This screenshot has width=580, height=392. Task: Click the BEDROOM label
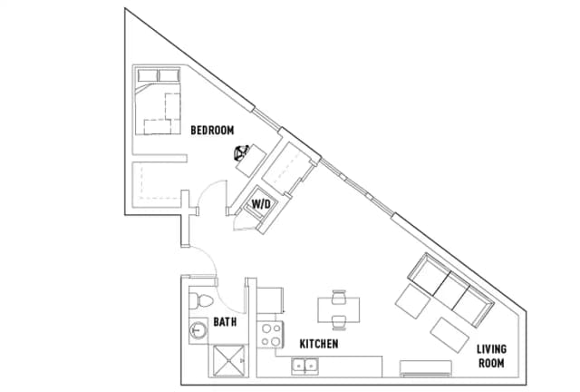tap(213, 130)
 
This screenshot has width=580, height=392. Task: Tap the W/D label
tap(261, 204)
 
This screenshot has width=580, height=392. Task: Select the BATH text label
tap(226, 321)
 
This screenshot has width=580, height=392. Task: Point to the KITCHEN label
tap(319, 344)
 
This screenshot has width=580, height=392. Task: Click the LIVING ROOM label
tap(492, 355)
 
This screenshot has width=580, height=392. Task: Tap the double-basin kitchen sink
tap(304, 367)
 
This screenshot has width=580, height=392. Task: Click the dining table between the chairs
tap(339, 309)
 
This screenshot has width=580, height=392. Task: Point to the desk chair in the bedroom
tap(242, 153)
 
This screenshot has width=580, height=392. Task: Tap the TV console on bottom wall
tap(426, 367)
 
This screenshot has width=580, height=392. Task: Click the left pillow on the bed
tap(146, 75)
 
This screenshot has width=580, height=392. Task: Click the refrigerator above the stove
tap(272, 297)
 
